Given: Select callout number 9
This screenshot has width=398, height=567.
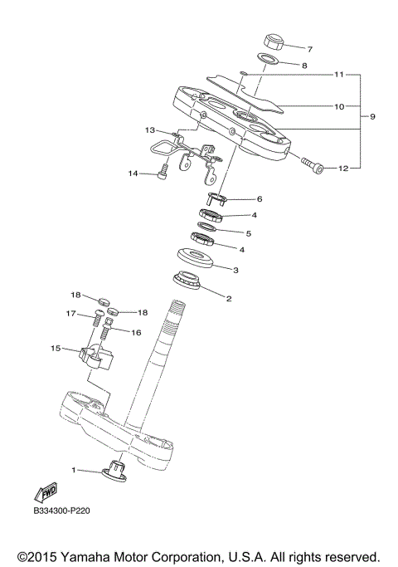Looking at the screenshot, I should click(372, 116).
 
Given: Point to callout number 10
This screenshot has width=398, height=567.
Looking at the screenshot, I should click(338, 106).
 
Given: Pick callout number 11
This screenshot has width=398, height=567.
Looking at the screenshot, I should click(338, 75).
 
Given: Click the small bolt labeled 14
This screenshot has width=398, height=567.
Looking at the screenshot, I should click(163, 174).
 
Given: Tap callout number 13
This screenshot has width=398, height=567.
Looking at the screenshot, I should click(150, 130).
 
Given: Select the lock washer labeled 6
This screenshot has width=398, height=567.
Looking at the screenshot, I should click(213, 198).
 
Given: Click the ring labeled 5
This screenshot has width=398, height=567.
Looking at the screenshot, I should click(211, 227).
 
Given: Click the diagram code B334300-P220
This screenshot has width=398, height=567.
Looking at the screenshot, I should click(61, 511).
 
